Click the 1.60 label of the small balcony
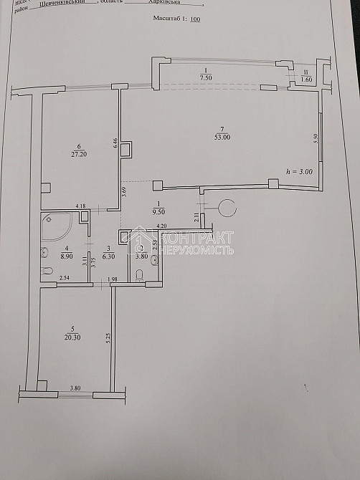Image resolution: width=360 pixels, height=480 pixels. tap(306, 81)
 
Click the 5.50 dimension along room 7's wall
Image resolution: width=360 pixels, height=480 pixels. tap(315, 140)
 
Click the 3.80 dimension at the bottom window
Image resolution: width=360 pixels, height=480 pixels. tap(75, 388)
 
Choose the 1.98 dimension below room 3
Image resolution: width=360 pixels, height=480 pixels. tap(112, 279)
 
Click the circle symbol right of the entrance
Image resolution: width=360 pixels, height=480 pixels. tap(229, 208)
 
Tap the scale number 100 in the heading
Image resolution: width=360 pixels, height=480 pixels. tap(195, 31)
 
